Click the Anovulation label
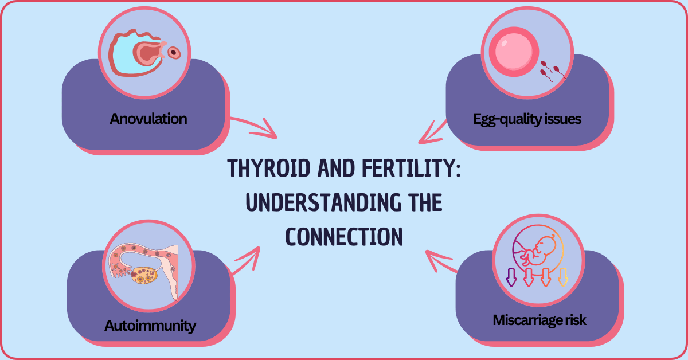tap(148, 119)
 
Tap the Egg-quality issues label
tap(527, 119)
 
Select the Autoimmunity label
tap(150, 326)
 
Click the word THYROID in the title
tap(268, 169)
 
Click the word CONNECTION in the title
tap(343, 237)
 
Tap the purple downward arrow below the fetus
tap(511, 277)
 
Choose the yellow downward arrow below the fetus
tap(562, 277)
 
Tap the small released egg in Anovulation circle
tap(174, 53)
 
